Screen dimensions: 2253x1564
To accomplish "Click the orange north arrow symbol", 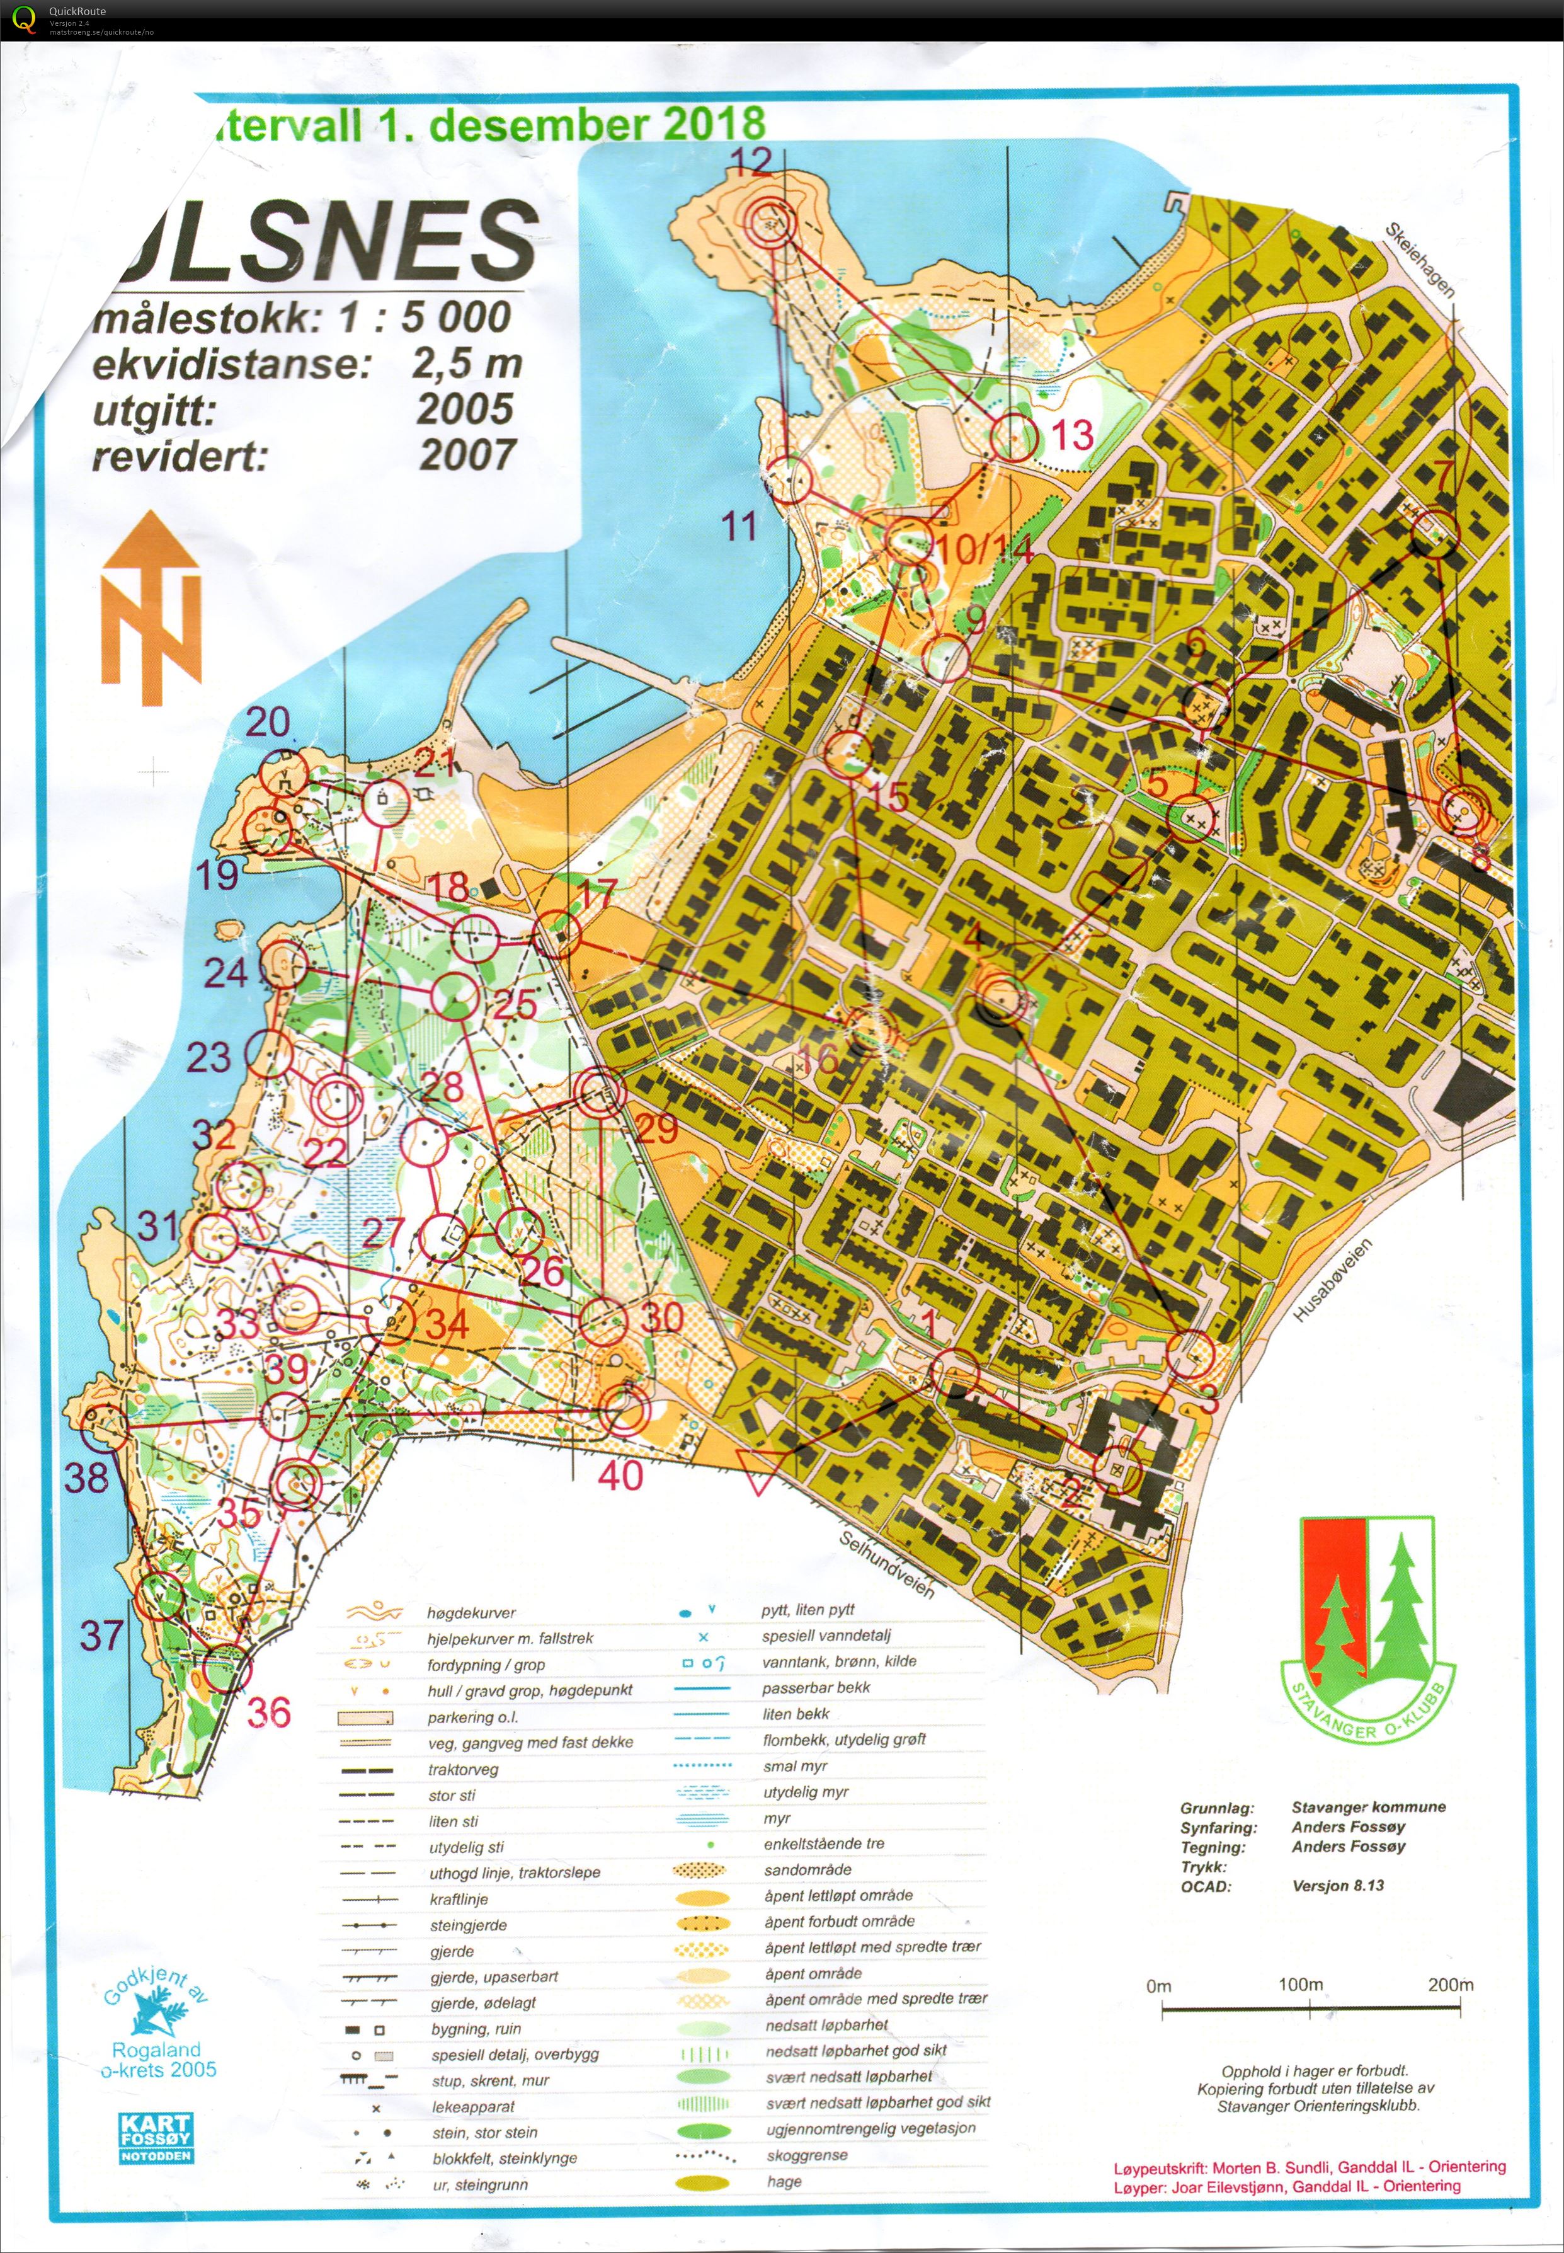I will tap(151, 607).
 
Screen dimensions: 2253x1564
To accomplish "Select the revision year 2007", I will tap(467, 455).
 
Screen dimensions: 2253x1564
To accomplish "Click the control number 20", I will tap(268, 723).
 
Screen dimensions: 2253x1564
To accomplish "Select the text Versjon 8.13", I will tap(1338, 1886).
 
